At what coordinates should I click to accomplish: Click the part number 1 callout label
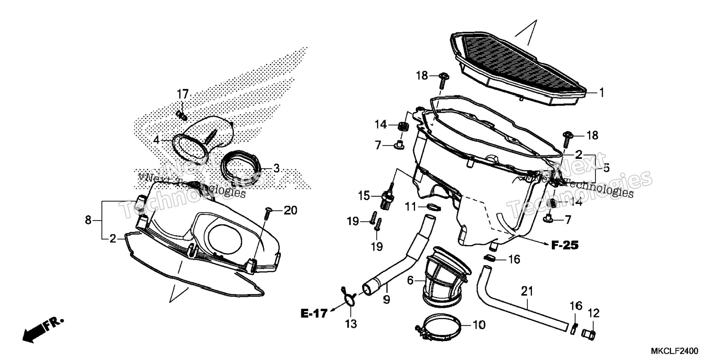click(x=601, y=92)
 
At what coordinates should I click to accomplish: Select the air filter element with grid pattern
click(x=518, y=67)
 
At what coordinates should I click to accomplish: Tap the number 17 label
click(x=183, y=94)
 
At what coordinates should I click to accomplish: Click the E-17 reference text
click(x=314, y=313)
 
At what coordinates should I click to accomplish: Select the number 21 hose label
click(x=527, y=291)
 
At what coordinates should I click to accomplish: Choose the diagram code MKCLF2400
click(x=674, y=351)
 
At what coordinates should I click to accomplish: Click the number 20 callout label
click(x=291, y=211)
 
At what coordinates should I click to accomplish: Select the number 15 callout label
click(x=364, y=196)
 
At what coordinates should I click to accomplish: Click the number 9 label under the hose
click(x=386, y=299)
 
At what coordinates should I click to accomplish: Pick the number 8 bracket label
click(x=88, y=220)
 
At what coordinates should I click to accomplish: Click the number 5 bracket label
click(x=607, y=168)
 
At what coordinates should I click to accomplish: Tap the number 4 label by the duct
click(x=156, y=140)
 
